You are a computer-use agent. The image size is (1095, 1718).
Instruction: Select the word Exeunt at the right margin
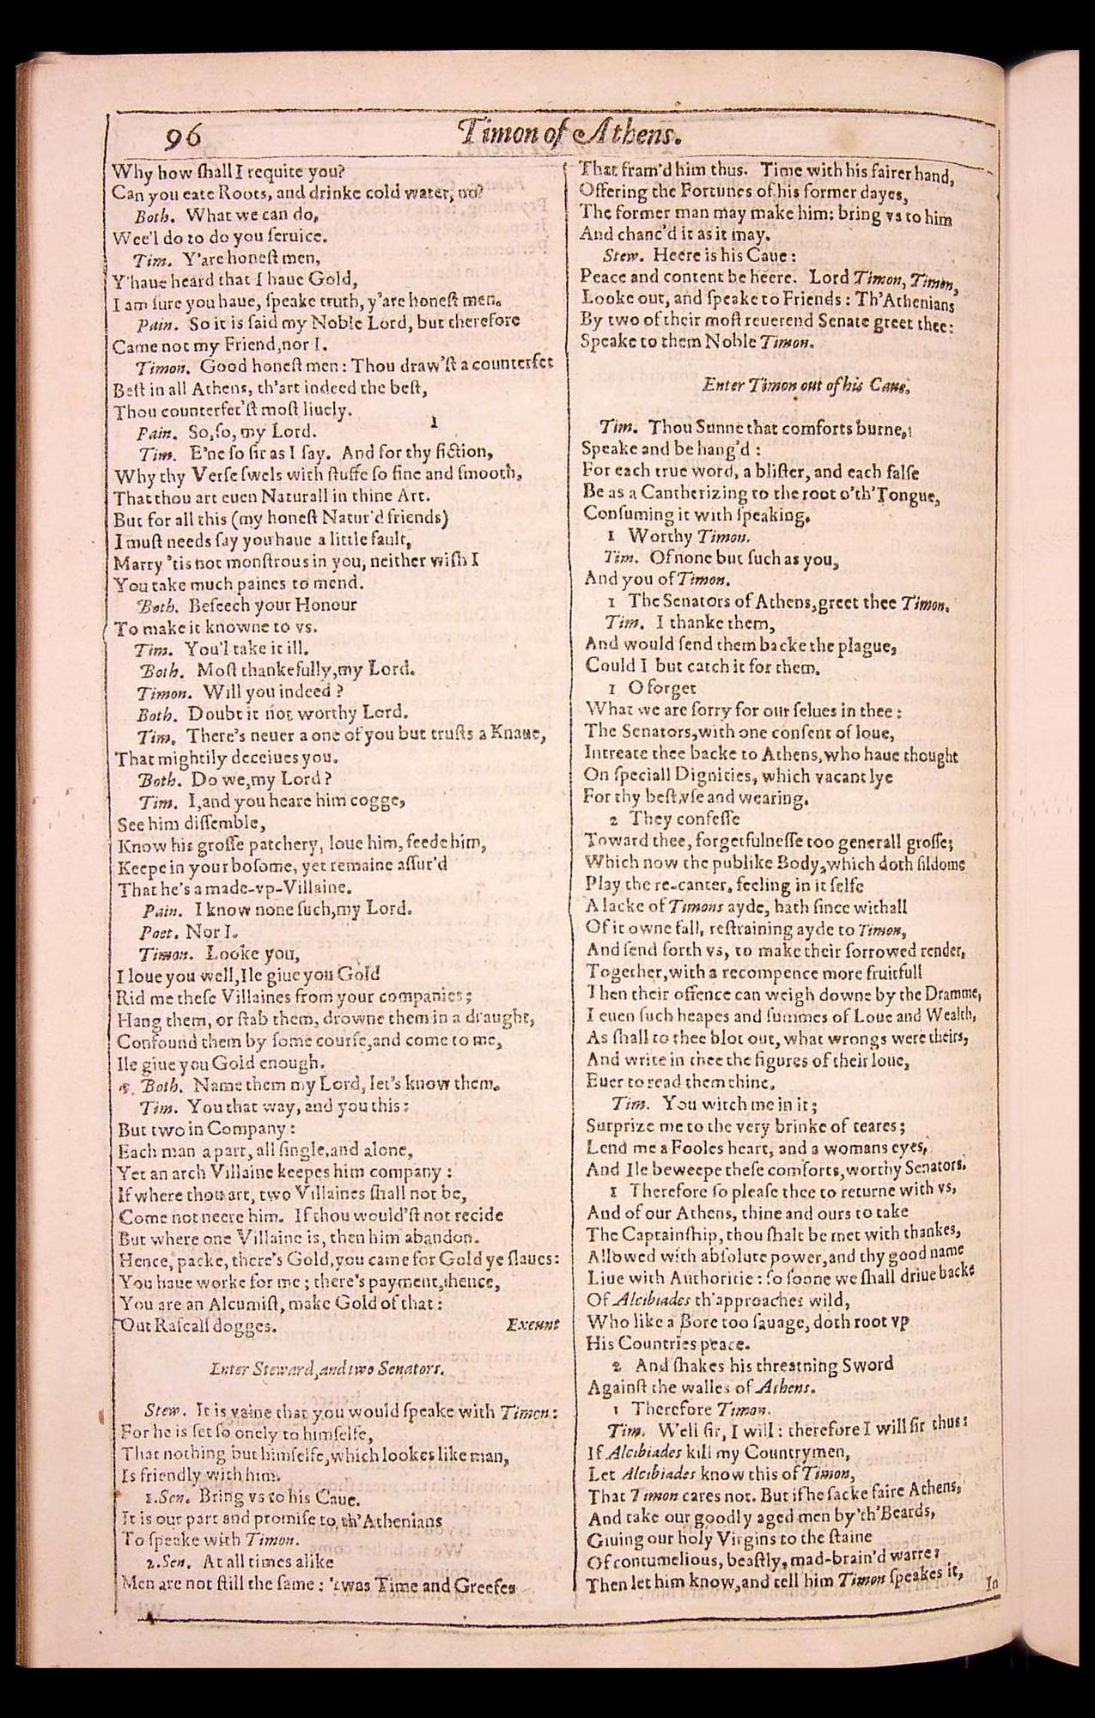pos(532,1325)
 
